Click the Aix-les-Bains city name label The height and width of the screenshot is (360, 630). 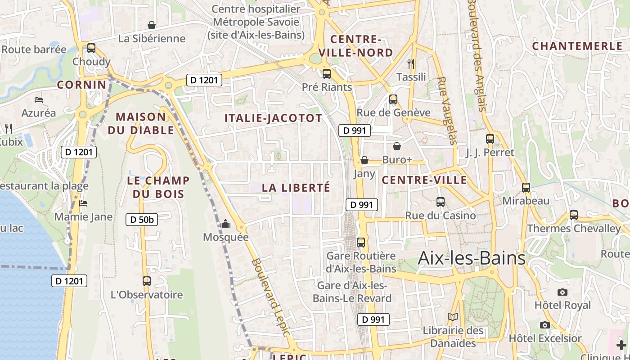(471, 258)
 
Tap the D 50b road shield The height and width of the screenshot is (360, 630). (142, 220)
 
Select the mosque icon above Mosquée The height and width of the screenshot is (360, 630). (225, 224)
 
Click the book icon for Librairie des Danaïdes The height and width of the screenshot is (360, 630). (453, 317)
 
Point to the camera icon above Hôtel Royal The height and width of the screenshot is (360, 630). (562, 292)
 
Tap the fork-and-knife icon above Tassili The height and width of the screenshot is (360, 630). (410, 63)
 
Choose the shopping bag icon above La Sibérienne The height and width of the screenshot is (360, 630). (152, 25)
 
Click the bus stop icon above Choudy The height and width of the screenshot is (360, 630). (91, 48)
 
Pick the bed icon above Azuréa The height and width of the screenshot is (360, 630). (39, 99)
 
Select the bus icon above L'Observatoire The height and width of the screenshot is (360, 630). (147, 281)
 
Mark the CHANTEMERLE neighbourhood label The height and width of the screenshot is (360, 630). (577, 46)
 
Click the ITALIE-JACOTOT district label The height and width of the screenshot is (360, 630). (273, 118)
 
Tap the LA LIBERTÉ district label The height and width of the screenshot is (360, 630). (296, 188)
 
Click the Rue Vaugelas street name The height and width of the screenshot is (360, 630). (446, 110)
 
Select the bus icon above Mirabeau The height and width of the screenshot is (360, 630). (526, 187)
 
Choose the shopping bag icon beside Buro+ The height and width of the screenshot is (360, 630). (397, 146)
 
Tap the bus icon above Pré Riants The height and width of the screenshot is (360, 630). (327, 73)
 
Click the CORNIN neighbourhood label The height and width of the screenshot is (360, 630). (81, 85)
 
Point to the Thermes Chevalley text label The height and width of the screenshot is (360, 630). (573, 229)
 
